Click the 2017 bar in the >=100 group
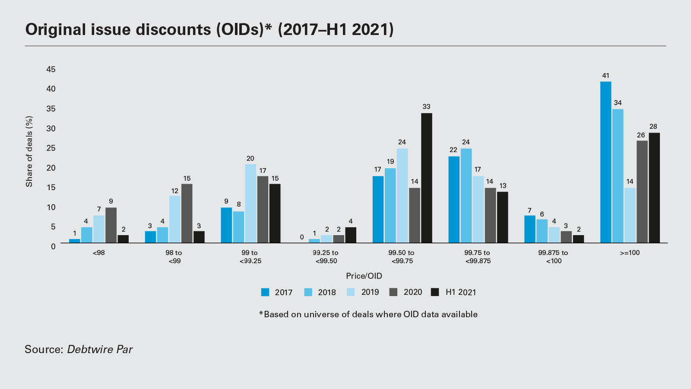click(605, 162)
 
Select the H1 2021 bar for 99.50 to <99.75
click(426, 178)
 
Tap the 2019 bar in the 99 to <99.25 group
click(250, 203)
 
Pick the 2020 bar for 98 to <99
click(187, 213)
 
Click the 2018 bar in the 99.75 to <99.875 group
click(466, 195)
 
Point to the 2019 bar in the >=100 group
click(630, 215)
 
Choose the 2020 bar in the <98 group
click(111, 225)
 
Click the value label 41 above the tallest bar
click(605, 76)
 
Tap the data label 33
click(426, 107)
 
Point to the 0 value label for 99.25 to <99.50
click(302, 237)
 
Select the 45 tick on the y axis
click(51, 69)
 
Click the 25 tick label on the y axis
click(51, 148)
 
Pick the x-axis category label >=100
click(630, 253)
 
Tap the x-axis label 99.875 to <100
click(553, 257)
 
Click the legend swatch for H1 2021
click(435, 292)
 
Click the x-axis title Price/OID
click(364, 276)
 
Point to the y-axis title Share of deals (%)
click(29, 151)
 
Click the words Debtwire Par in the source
click(100, 349)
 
